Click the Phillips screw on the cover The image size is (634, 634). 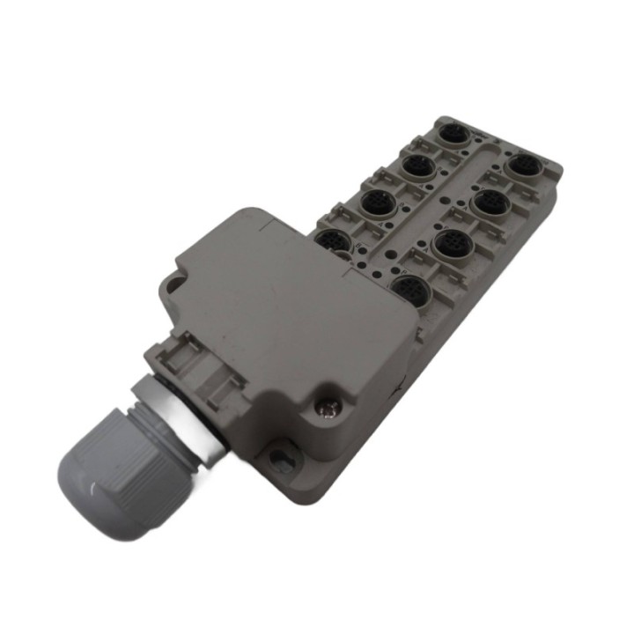(328, 406)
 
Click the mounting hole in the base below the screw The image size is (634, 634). (280, 455)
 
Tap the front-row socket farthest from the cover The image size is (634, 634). (527, 164)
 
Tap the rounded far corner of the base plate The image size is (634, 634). (549, 163)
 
